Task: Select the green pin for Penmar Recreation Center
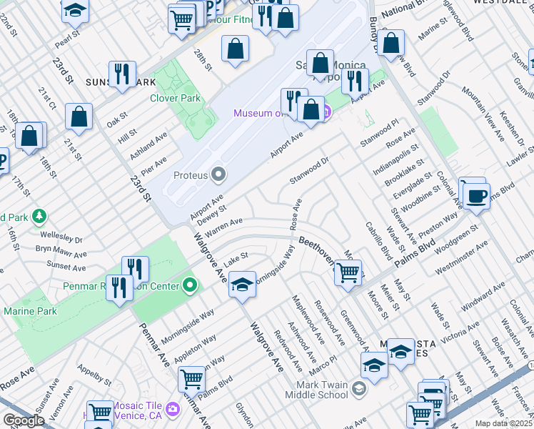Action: [x=189, y=286]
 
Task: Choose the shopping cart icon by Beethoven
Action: [x=348, y=272]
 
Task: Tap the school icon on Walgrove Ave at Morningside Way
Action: [x=243, y=285]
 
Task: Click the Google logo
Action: [x=23, y=420]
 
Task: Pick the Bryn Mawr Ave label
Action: [x=61, y=251]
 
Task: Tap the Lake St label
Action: [x=236, y=255]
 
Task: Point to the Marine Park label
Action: [x=30, y=311]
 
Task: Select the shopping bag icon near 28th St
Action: [x=235, y=49]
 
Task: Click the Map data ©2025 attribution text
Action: [x=503, y=423]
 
